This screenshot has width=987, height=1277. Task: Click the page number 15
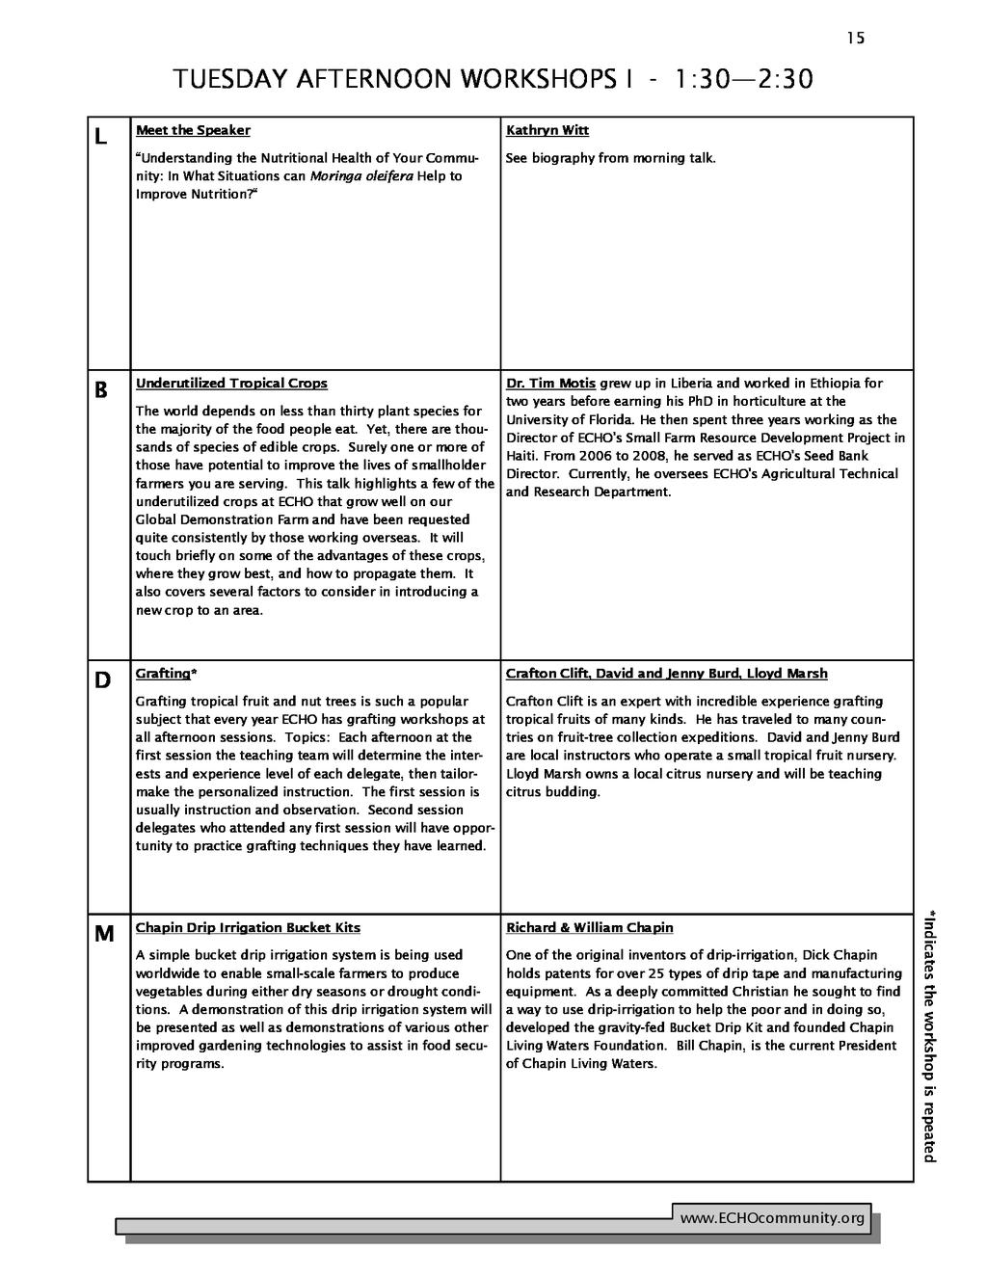[x=856, y=39]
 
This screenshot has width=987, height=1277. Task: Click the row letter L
[x=100, y=138]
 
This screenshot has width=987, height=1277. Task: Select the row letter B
[x=100, y=391]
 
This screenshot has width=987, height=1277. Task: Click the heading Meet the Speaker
[x=193, y=130]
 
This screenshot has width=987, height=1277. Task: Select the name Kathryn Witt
[x=547, y=130]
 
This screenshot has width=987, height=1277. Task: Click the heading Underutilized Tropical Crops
[x=231, y=384]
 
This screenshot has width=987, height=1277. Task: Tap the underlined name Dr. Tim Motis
[x=550, y=384]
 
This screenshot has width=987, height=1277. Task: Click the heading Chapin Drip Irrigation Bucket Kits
[x=248, y=928]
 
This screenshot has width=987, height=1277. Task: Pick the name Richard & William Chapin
[x=589, y=928]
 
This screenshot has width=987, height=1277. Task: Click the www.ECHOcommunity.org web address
[x=772, y=1219]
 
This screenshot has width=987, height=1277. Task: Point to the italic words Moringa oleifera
[x=361, y=176]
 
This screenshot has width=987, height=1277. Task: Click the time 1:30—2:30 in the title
[x=744, y=79]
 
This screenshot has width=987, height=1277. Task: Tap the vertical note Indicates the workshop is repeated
[x=930, y=1036]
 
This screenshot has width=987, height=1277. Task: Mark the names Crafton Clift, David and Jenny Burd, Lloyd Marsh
[x=666, y=674]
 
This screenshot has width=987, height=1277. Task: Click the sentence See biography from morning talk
[x=610, y=158]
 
